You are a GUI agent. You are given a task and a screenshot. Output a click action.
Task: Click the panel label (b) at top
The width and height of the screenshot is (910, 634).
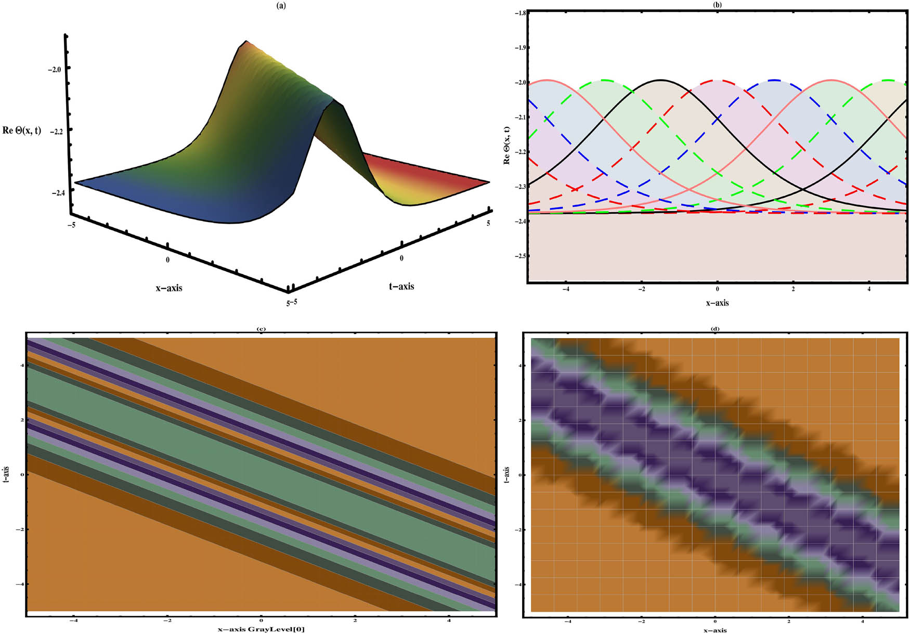tap(718, 5)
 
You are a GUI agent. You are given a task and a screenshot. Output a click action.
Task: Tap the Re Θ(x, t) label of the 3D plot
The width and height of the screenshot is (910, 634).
tap(22, 130)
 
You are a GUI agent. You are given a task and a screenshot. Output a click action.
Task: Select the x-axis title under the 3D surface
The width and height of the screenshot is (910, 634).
tap(169, 288)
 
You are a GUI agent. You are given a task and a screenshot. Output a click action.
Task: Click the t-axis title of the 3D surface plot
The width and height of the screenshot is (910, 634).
tap(401, 286)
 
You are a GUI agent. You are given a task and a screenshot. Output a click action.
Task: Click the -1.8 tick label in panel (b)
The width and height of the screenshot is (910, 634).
tap(519, 12)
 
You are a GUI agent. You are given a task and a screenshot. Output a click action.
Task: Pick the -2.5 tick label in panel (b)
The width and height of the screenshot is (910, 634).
tap(519, 256)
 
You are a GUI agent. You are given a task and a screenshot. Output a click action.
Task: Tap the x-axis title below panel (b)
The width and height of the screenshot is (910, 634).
tap(717, 303)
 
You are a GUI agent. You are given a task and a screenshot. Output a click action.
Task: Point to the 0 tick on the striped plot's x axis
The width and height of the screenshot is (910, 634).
tap(261, 620)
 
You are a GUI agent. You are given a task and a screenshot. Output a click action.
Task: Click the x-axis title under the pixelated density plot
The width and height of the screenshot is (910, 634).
tap(715, 630)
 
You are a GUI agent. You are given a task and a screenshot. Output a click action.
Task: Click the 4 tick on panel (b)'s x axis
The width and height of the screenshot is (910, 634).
tap(869, 289)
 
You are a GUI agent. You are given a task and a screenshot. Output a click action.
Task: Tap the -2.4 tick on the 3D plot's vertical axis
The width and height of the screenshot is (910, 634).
tap(58, 193)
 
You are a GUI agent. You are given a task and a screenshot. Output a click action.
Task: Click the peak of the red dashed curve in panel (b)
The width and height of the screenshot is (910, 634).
tap(718, 81)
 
